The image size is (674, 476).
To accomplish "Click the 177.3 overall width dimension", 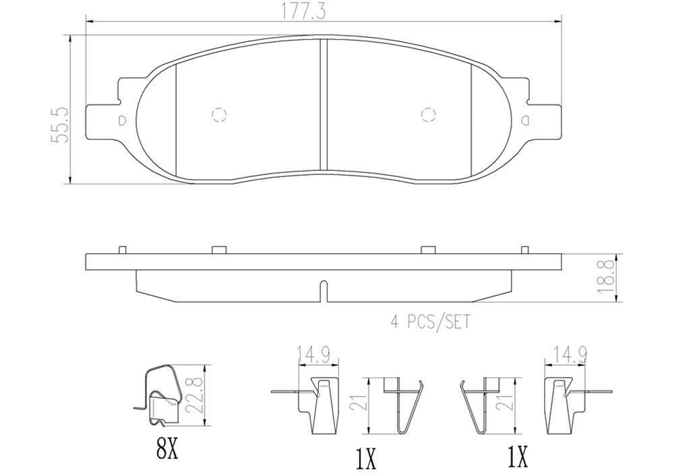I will [x=323, y=12].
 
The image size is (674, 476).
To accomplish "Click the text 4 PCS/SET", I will [x=430, y=322].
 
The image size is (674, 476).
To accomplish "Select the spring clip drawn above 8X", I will [x=159, y=397].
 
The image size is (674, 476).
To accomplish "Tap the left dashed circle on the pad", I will [x=219, y=114].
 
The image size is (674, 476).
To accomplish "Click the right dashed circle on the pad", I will [x=427, y=114].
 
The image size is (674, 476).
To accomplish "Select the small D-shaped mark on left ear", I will [x=122, y=121].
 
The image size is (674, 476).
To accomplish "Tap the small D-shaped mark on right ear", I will [x=524, y=121].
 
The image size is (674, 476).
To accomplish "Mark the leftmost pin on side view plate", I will [x=122, y=250].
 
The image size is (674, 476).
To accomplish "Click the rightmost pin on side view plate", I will [x=524, y=250].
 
